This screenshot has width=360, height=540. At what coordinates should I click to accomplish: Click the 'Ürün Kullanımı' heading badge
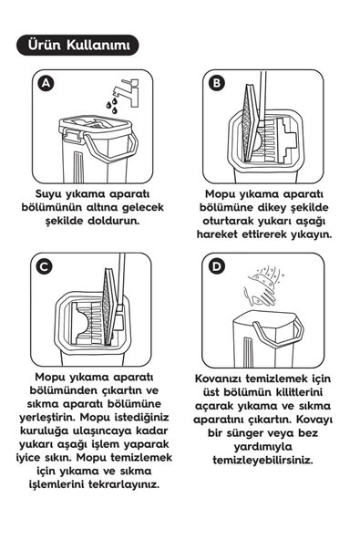(78, 45)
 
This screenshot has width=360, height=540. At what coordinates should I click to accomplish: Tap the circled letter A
(47, 84)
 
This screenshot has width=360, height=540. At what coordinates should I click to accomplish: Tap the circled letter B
(217, 84)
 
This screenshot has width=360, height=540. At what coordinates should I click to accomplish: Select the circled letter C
(47, 267)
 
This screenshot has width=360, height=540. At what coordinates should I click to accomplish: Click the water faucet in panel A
(124, 89)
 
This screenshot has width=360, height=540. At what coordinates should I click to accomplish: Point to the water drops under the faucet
(111, 107)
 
